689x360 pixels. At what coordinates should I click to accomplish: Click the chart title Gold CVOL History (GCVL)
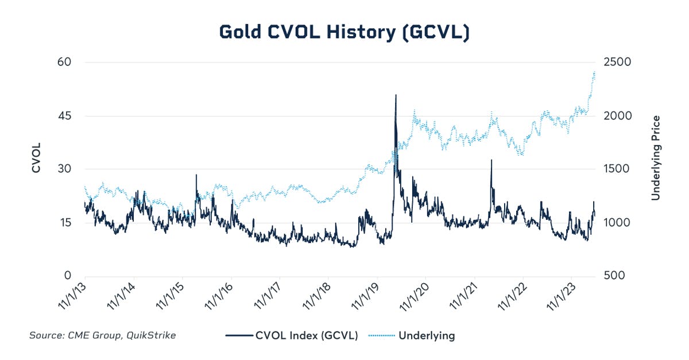[344, 32]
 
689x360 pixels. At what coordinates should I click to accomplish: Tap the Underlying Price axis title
[655, 158]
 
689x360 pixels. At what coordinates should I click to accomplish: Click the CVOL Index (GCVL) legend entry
[292, 336]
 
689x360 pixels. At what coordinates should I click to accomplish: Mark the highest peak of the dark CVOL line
[396, 95]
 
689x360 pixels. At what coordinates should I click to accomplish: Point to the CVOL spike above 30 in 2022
[491, 161]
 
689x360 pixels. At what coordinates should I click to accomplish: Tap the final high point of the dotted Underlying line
[594, 72]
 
